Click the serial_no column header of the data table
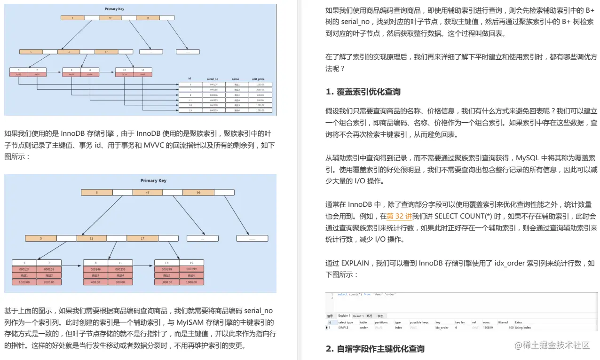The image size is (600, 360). [213, 78]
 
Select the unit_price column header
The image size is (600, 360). [258, 78]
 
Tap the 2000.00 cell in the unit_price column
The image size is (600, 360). [260, 89]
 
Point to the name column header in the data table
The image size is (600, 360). [235, 78]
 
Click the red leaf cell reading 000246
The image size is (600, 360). [96, 269]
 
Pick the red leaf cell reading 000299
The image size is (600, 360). [191, 269]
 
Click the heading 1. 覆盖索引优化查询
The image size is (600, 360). [363, 92]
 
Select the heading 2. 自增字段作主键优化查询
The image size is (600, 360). [375, 349]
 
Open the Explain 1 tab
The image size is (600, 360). [344, 316]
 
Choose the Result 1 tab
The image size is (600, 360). [358, 316]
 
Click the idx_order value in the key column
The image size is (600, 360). [442, 328]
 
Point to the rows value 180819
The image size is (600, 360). [488, 328]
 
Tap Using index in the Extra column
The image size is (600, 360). [523, 328]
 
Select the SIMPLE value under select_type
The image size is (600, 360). [345, 328]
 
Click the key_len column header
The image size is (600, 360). [460, 322]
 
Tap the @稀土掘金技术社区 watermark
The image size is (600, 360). [552, 345]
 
